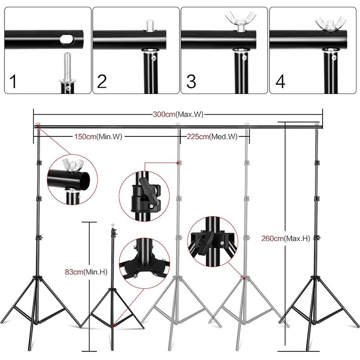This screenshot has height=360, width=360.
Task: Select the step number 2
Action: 102,81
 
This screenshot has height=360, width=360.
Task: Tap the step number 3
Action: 191,81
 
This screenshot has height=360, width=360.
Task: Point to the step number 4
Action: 280,81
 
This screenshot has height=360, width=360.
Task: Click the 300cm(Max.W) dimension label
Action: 178,114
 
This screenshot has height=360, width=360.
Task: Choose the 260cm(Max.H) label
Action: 285,238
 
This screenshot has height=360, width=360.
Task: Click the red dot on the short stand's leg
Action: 114,324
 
